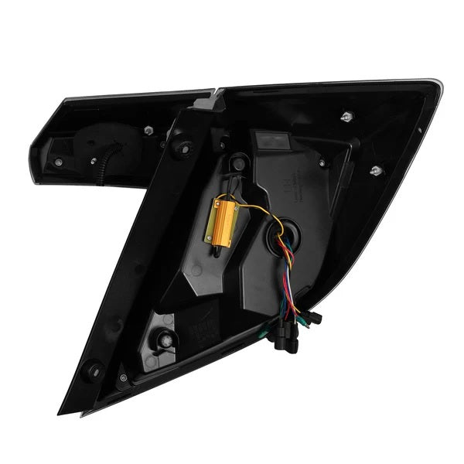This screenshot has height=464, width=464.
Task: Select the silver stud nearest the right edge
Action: coord(376,169)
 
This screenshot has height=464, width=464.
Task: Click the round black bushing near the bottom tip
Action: coord(94,370)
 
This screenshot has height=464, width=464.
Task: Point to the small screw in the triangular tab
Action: coord(124,378)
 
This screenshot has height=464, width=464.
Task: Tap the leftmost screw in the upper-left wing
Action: coord(60,162)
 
